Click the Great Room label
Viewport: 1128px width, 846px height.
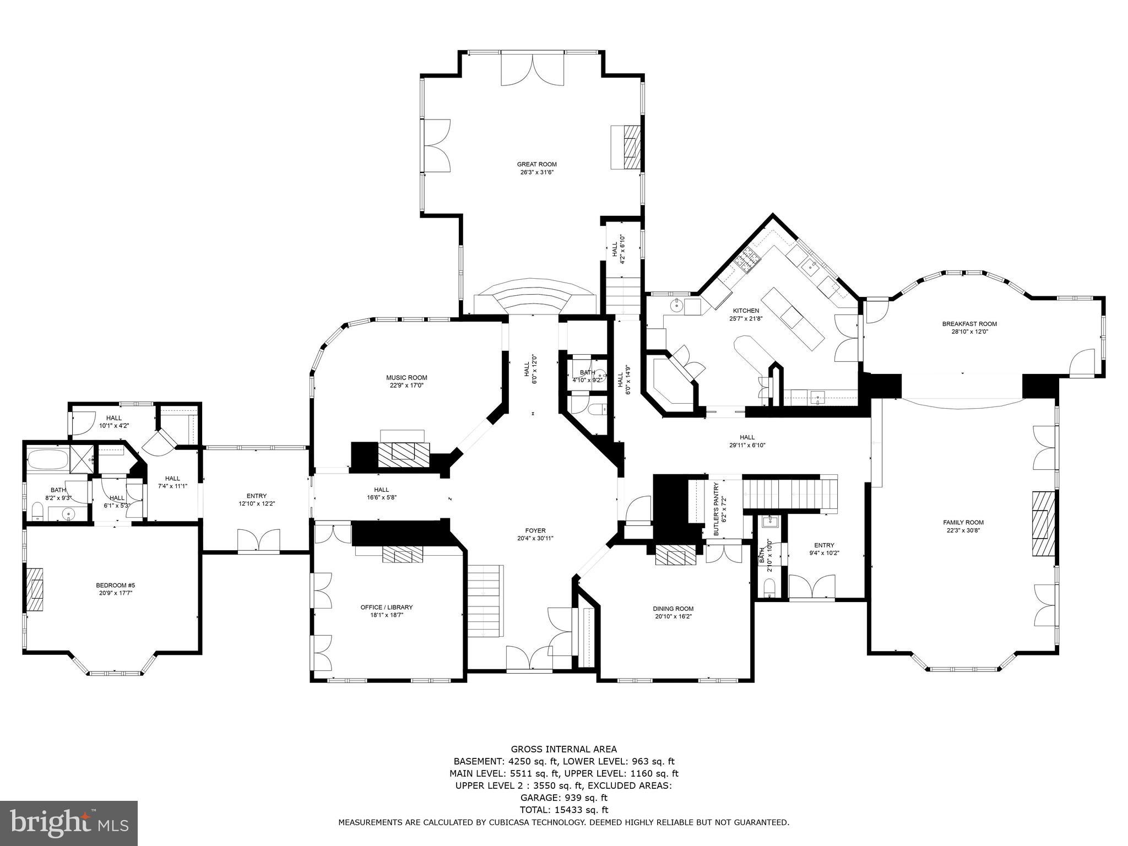pos(536,164)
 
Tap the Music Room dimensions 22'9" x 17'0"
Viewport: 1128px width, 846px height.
pos(406,386)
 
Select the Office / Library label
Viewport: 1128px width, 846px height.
pos(386,607)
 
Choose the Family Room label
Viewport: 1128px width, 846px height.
pos(963,522)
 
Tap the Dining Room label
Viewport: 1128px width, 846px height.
pos(673,609)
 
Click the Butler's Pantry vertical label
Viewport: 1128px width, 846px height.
pos(716,509)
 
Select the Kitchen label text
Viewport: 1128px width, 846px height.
pos(746,311)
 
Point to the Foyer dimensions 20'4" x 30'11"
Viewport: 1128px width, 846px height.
pos(535,538)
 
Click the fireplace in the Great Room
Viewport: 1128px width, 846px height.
pos(627,148)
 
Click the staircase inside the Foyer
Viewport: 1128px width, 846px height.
pos(485,600)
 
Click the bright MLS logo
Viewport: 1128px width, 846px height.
pos(69,823)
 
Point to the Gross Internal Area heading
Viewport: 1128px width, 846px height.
pos(563,749)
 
